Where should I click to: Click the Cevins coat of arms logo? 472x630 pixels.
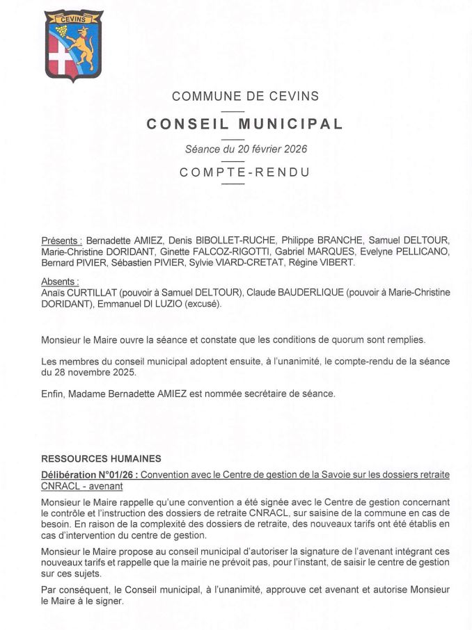coord(74,46)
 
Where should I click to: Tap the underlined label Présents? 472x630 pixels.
coord(62,240)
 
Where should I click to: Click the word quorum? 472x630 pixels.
coord(337,341)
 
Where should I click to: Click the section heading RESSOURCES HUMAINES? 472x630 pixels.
coord(101,458)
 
